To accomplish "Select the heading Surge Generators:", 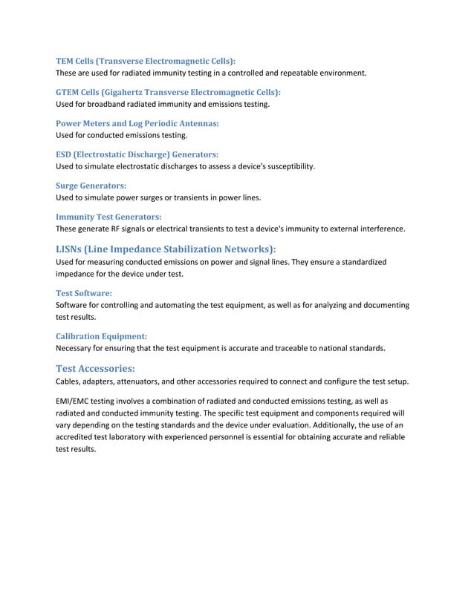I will [x=91, y=186].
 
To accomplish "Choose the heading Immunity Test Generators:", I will [x=108, y=217].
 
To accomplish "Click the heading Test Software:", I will [x=84, y=293].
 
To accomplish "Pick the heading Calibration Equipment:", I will [x=102, y=335].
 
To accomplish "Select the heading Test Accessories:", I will [x=95, y=368].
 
